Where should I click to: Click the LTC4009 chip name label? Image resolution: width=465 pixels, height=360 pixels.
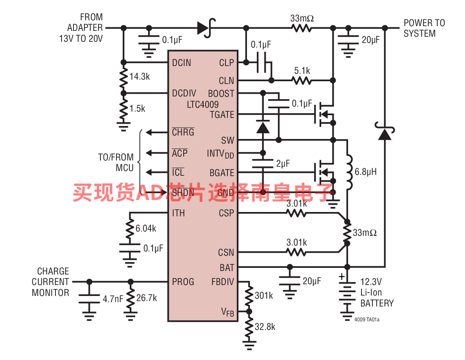pos(202,104)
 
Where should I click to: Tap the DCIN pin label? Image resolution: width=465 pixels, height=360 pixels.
pos(182,62)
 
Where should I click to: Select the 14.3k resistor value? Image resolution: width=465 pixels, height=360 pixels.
pos(139,77)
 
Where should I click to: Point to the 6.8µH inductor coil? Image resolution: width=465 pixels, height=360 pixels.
pos(349,172)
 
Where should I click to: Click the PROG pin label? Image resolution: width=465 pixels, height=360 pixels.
pos(183,282)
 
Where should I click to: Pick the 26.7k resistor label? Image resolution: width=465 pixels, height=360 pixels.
pos(147,298)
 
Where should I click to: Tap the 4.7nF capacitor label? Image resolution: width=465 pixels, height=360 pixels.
pos(113,299)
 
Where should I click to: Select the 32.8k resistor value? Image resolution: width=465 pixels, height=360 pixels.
pos(265,327)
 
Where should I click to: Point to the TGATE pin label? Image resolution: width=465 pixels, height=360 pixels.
pos(222,114)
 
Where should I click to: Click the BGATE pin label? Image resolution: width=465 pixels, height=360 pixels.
pos(222,173)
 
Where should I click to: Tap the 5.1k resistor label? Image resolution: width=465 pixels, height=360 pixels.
pos(302,71)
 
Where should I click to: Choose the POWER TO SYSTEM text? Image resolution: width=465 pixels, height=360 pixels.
pos(424,28)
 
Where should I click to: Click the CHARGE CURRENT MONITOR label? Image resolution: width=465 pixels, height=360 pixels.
pos(50,282)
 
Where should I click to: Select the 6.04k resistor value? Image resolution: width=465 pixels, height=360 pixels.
pos(146,228)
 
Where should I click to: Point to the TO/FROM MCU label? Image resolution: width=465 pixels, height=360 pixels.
pos(116,162)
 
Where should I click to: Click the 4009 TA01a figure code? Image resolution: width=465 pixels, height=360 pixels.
pos(367,319)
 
